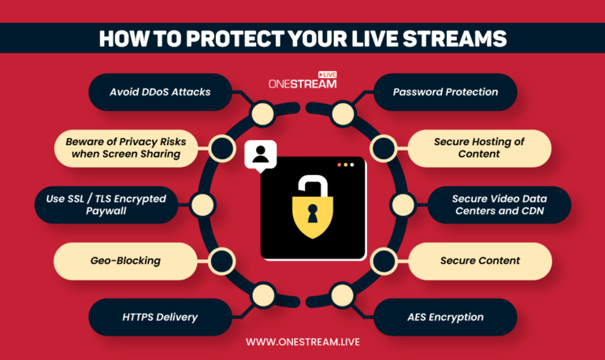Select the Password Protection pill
(445, 92)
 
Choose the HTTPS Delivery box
(159, 317)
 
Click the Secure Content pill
(480, 261)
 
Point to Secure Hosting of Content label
(479, 148)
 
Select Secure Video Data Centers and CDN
(499, 204)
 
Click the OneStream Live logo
(303, 80)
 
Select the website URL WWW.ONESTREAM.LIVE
(302, 342)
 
